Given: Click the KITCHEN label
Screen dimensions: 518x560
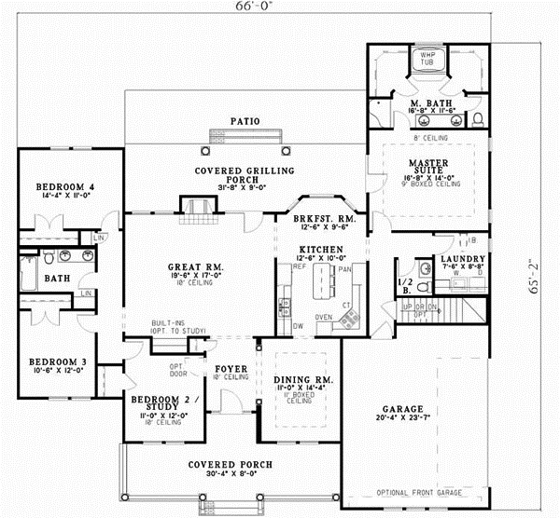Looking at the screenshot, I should pos(321,250).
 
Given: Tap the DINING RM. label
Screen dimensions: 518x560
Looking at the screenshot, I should pos(299,378).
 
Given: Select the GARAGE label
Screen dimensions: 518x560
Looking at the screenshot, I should pos(402,409).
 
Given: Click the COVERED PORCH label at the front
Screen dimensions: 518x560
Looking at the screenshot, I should pos(230,464).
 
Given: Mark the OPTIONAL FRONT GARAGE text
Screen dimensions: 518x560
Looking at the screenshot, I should pos(416,492).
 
